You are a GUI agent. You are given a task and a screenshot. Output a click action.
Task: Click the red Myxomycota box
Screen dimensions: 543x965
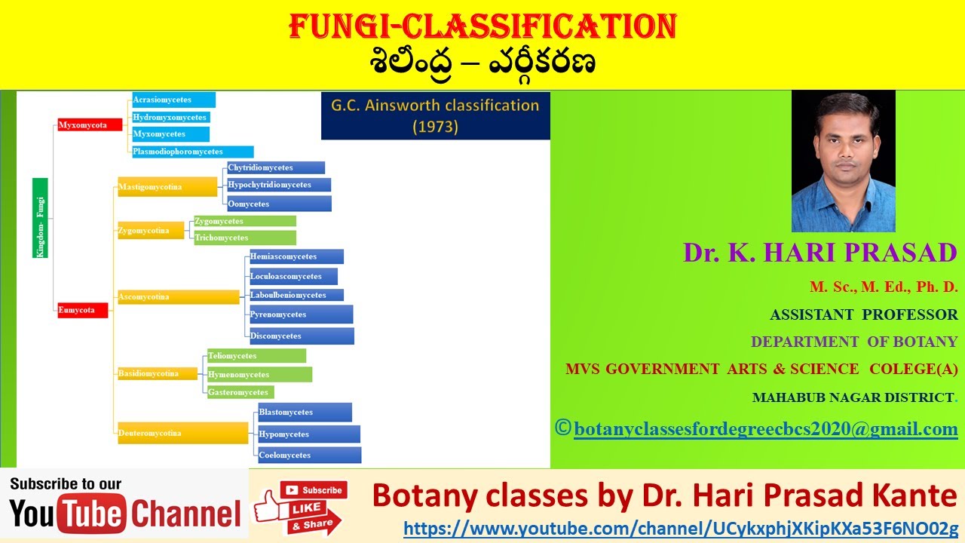(90, 125)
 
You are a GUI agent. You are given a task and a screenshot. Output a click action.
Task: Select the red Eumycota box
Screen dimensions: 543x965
(83, 310)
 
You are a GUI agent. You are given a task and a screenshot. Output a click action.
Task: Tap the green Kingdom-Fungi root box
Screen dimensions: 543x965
(41, 218)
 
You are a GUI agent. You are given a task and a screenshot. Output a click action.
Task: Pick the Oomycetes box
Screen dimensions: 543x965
(279, 204)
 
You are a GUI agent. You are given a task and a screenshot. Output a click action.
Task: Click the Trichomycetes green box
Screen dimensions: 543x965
(244, 238)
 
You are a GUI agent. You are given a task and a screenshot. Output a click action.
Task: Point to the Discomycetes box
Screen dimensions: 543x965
(302, 336)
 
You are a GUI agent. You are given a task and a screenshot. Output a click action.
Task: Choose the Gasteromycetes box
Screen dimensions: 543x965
(240, 392)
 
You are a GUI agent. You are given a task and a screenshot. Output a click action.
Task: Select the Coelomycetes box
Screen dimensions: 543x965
(309, 455)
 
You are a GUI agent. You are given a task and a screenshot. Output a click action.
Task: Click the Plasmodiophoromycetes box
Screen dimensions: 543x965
(192, 152)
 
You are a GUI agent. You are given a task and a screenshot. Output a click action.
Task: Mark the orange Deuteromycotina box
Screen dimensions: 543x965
(182, 433)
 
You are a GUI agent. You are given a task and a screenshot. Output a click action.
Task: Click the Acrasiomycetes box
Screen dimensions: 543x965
(173, 100)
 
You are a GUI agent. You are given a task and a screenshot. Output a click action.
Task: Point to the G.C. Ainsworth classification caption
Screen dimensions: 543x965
(435, 115)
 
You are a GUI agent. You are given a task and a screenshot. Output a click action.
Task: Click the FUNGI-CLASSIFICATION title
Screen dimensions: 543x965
(482, 28)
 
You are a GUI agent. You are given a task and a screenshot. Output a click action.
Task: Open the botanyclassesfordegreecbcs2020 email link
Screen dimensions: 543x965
(765, 429)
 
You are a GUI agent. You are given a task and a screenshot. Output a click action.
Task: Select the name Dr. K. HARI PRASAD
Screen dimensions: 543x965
(820, 253)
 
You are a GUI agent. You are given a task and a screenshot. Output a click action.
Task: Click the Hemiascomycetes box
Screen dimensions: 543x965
(296, 256)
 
